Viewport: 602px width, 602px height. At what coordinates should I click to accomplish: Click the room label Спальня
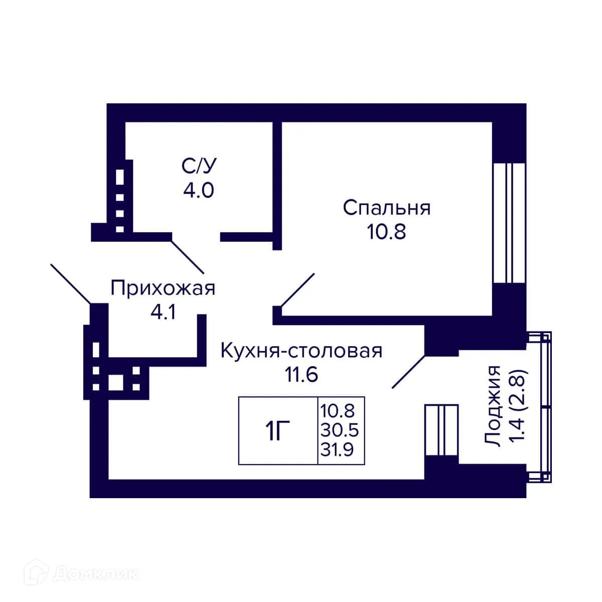click(386, 208)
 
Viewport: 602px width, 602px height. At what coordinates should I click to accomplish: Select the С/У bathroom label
click(199, 166)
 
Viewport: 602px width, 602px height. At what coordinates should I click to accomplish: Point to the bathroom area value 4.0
click(199, 190)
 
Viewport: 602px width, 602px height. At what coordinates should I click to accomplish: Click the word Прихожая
click(163, 289)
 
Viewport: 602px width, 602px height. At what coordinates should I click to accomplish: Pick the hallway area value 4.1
click(163, 313)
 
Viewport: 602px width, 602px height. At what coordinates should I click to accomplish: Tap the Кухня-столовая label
click(302, 351)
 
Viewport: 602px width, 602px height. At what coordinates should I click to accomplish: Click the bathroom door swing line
click(188, 256)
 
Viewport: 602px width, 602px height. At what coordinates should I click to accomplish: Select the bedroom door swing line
click(297, 289)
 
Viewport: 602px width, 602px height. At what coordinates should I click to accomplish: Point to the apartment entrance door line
click(71, 283)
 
